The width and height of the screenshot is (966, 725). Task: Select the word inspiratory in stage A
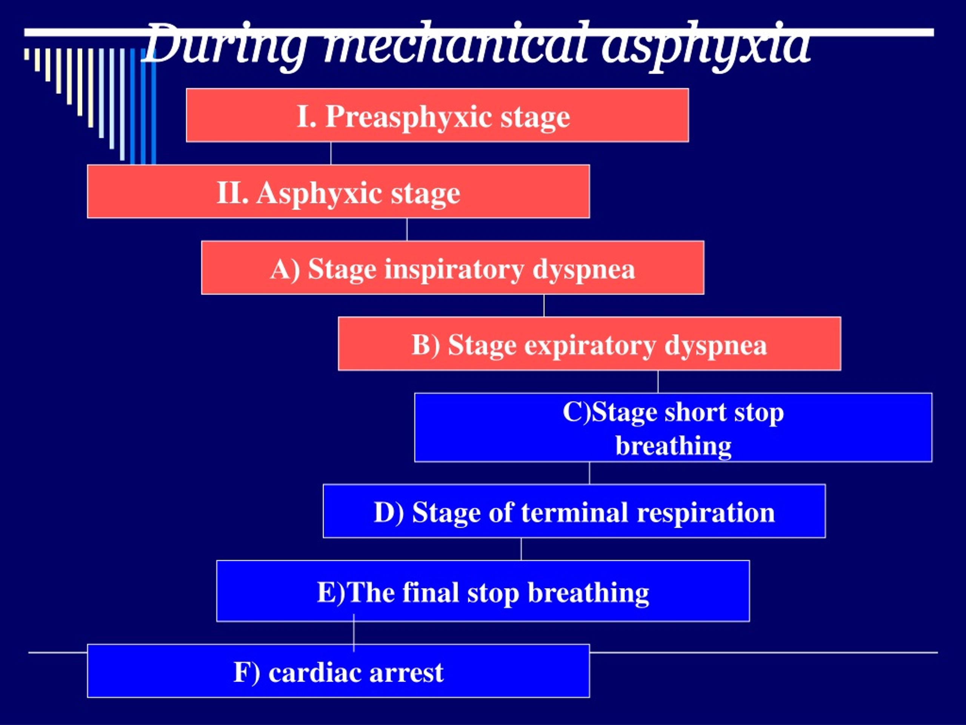454,270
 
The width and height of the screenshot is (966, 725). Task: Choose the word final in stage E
430,592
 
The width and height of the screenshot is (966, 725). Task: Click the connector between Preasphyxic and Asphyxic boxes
331,153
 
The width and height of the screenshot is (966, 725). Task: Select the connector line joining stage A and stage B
544,305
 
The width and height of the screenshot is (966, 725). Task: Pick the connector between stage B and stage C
658,381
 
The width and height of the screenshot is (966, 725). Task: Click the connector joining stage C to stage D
589,473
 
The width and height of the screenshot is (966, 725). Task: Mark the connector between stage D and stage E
521,549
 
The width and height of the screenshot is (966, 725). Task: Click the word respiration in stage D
706,513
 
